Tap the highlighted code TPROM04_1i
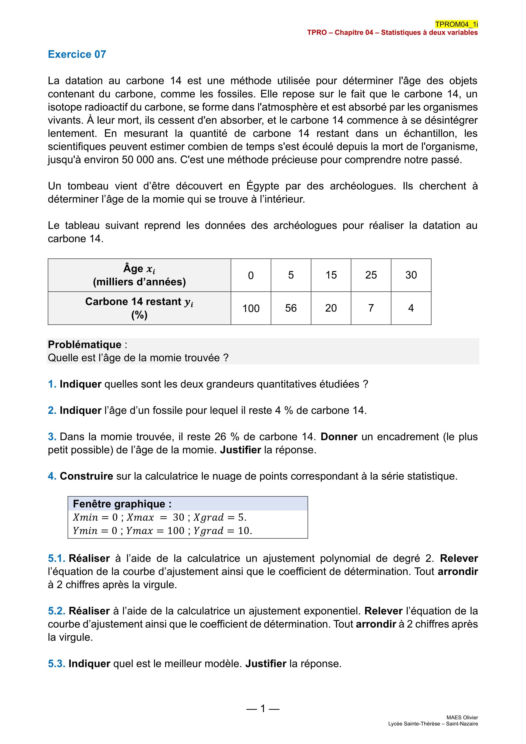[x=456, y=24]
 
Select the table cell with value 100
[x=251, y=308]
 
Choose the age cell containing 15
[x=331, y=275]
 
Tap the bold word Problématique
[x=85, y=344]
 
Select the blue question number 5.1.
[x=57, y=558]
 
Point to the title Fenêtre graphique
[x=122, y=504]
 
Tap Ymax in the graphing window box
[x=139, y=531]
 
